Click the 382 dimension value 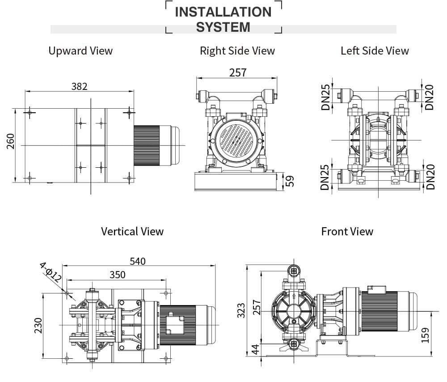pyautogui.click(x=80, y=86)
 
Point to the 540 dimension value pyautogui.click(x=137, y=261)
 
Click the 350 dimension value pyautogui.click(x=118, y=275)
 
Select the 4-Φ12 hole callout pyautogui.click(x=51, y=272)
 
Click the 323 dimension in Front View pyautogui.click(x=242, y=310)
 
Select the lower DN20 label pyautogui.click(x=430, y=177)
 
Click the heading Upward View pyautogui.click(x=80, y=51)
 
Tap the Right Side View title pyautogui.click(x=237, y=51)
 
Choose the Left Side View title pyautogui.click(x=375, y=51)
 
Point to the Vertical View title pyautogui.click(x=132, y=231)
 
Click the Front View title pyautogui.click(x=347, y=231)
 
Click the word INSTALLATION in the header pyautogui.click(x=223, y=12)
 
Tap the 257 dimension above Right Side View pyautogui.click(x=237, y=72)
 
